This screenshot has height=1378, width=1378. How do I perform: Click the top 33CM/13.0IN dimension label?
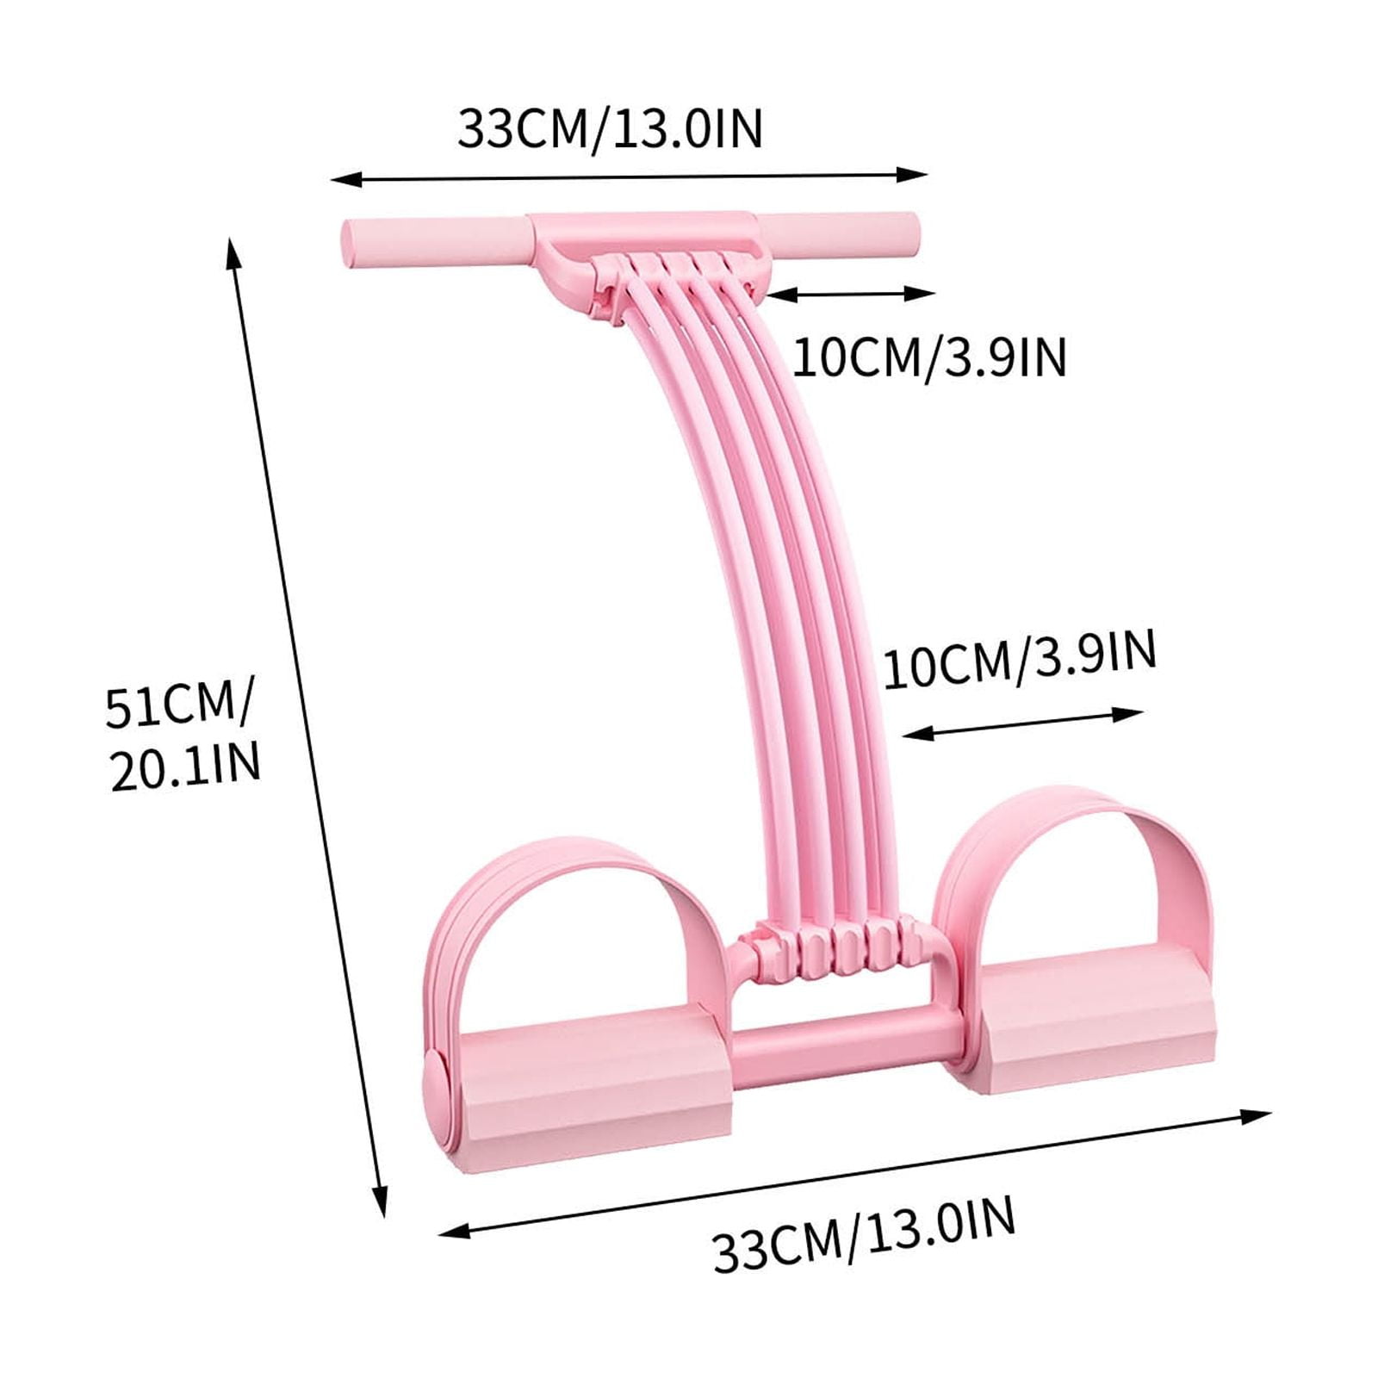tap(610, 128)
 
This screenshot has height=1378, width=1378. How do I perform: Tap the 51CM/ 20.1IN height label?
tap(183, 736)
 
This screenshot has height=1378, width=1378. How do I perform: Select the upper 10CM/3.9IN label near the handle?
tap(929, 356)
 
